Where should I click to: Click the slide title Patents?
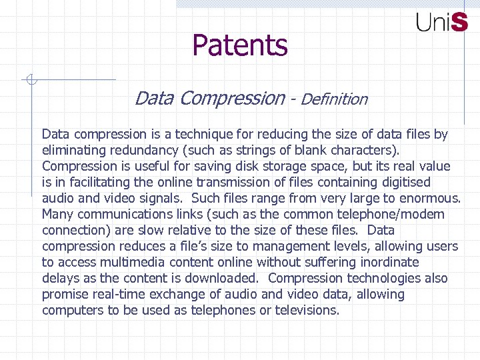pos(240,45)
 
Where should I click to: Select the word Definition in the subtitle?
pos(334,99)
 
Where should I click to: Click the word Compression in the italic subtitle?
pos(232,99)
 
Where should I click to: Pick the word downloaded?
pos(220,278)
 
